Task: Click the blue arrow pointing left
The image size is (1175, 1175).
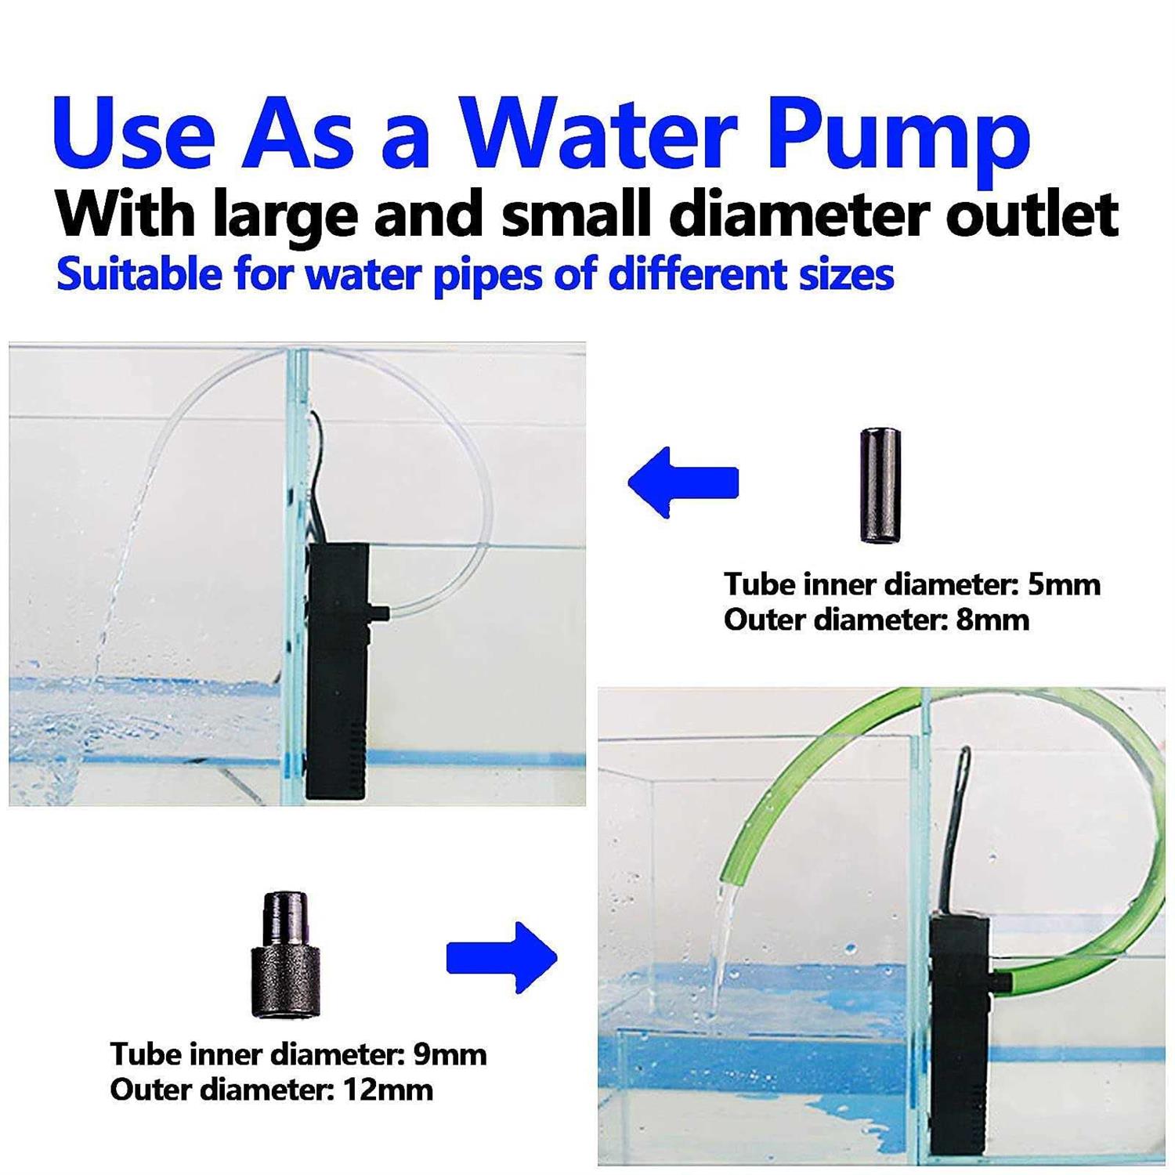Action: (x=683, y=483)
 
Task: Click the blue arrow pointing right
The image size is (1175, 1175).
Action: (x=501, y=957)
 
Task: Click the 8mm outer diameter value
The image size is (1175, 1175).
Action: (x=992, y=620)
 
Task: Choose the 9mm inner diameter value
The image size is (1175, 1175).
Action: (x=450, y=1054)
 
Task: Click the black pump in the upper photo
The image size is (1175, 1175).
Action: (x=339, y=671)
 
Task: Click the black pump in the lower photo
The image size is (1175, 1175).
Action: (x=963, y=1034)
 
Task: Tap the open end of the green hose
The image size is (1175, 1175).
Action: (x=725, y=876)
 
